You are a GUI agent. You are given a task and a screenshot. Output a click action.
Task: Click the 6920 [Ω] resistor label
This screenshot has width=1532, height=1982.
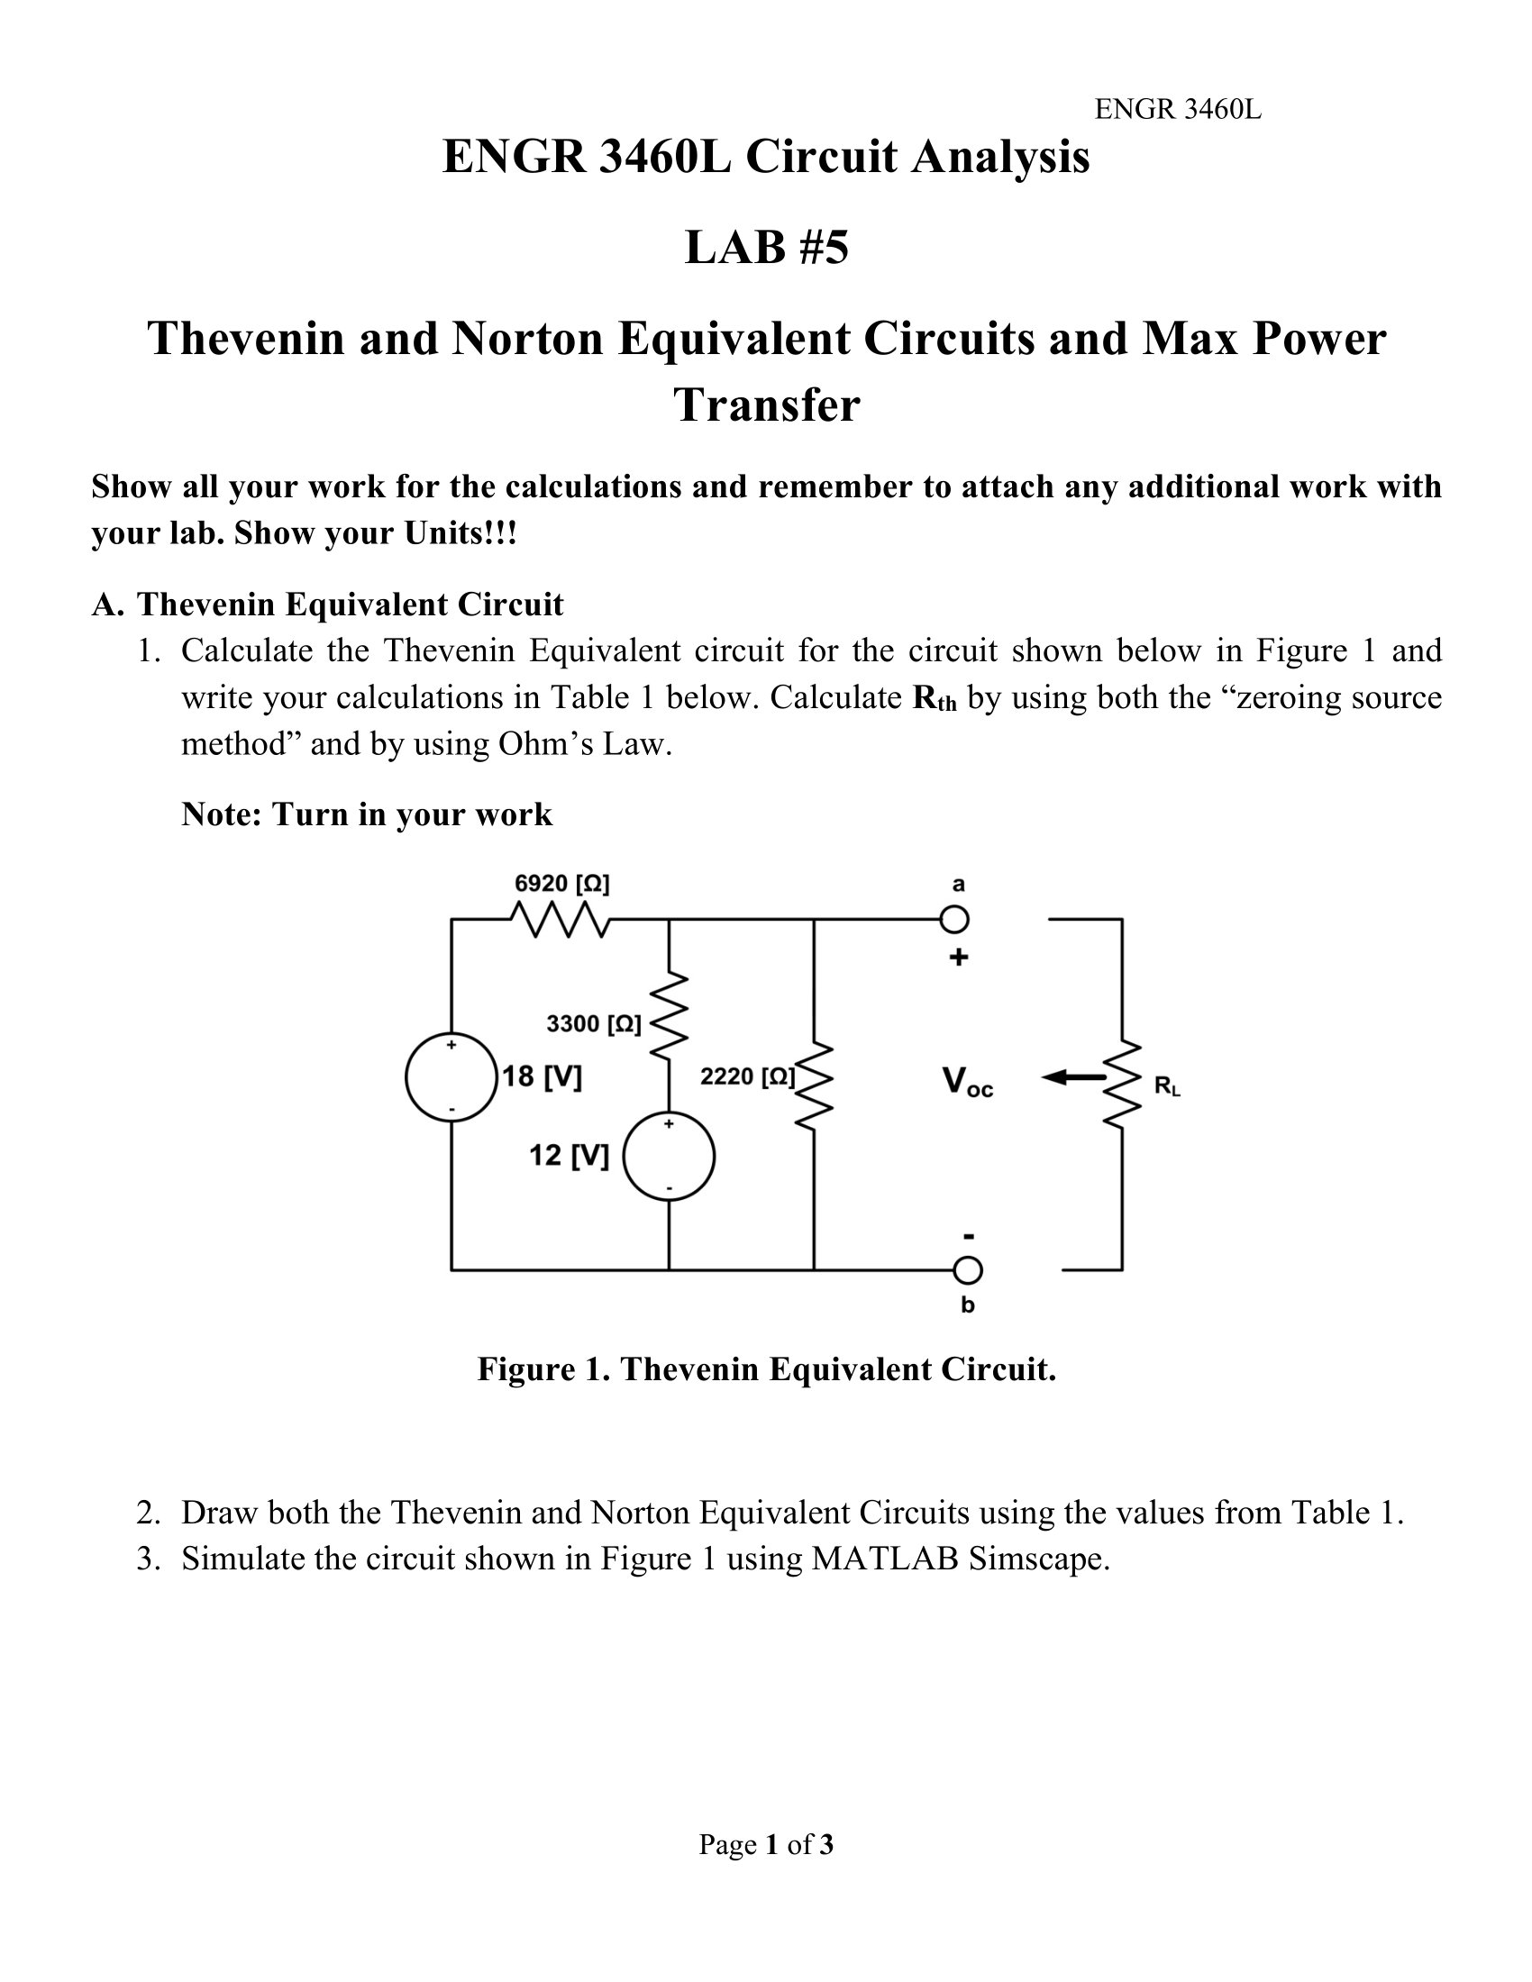pyautogui.click(x=561, y=883)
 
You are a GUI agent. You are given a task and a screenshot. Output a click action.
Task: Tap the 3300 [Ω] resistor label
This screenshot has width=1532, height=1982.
pyautogui.click(x=593, y=1023)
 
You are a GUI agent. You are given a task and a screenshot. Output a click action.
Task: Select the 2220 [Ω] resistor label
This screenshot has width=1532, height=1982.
pyautogui.click(x=747, y=1077)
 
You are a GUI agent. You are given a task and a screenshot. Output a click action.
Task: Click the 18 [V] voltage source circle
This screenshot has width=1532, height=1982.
pyautogui.click(x=451, y=1077)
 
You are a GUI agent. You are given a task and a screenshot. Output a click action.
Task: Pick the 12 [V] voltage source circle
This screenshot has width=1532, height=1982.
pyautogui.click(x=669, y=1156)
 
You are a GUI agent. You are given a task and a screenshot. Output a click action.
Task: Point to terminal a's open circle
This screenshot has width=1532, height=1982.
pyautogui.click(x=953, y=919)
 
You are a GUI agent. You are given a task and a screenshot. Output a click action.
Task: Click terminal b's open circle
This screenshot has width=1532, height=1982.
pyautogui.click(x=968, y=1270)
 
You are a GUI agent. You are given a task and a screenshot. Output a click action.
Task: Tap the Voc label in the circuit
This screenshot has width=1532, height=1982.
pyautogui.click(x=968, y=1082)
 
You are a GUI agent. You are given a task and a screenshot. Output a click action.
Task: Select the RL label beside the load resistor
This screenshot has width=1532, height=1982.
pyautogui.click(x=1167, y=1086)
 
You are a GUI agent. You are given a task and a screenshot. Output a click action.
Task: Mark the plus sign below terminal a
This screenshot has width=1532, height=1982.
pyautogui.click(x=959, y=957)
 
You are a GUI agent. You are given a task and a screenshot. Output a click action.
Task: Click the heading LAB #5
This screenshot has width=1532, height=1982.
pyautogui.click(x=766, y=248)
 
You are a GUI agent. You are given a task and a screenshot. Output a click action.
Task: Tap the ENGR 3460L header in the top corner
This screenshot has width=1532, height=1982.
pyautogui.click(x=1177, y=110)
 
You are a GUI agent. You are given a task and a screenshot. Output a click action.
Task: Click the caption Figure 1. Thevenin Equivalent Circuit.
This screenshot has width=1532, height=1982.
pyautogui.click(x=766, y=1368)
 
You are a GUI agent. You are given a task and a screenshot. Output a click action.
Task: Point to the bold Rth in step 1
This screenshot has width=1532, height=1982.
pyautogui.click(x=934, y=698)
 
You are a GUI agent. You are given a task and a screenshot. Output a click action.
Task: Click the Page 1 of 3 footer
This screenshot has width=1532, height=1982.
pyautogui.click(x=765, y=1844)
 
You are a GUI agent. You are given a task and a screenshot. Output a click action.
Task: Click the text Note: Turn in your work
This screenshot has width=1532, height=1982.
pyautogui.click(x=367, y=814)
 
